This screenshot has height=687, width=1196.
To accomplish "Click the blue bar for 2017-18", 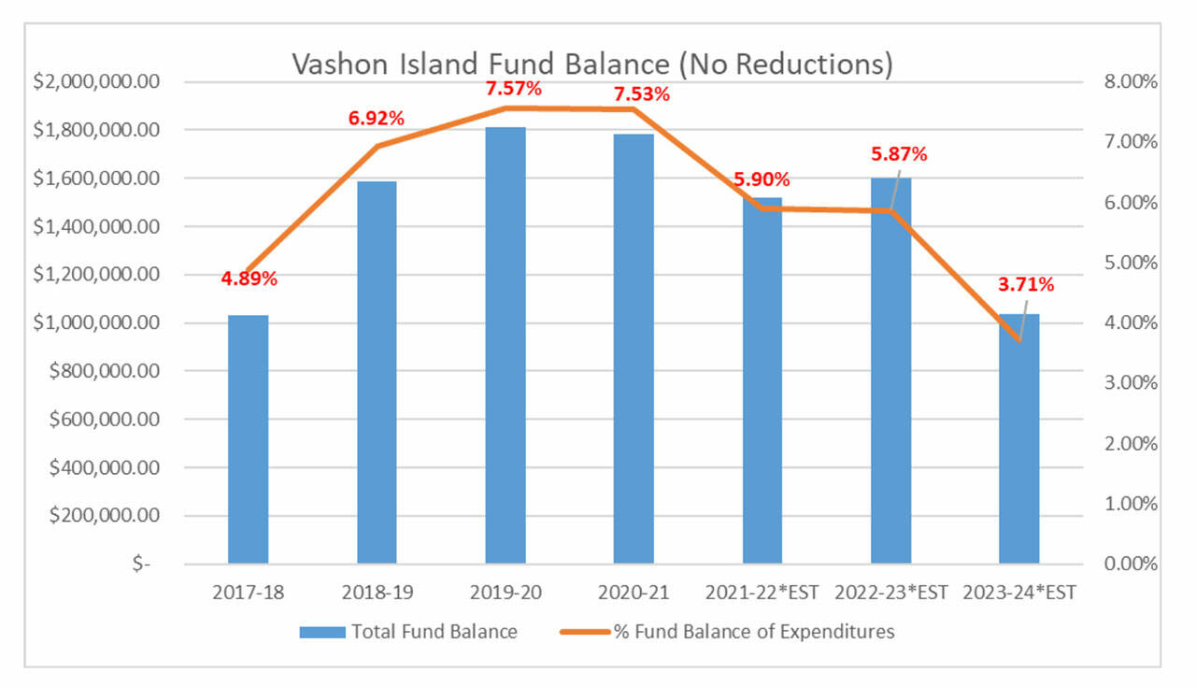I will (248, 439).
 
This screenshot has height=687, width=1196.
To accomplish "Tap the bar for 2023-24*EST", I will (1018, 439).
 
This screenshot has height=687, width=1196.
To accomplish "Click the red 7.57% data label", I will (513, 90).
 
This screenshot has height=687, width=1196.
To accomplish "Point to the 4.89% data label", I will (249, 279).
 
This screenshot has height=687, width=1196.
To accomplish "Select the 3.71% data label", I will (1027, 284).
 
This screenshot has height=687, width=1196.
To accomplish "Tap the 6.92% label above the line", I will (377, 119).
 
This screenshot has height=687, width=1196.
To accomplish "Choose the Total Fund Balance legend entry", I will (408, 632).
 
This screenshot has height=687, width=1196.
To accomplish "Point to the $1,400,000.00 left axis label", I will (97, 227).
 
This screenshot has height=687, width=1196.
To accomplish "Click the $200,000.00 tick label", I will (103, 516).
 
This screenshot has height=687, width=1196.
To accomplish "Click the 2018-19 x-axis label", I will (377, 593).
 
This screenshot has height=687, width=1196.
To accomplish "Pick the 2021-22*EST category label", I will (762, 593).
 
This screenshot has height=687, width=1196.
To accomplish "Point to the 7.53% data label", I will (640, 94).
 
